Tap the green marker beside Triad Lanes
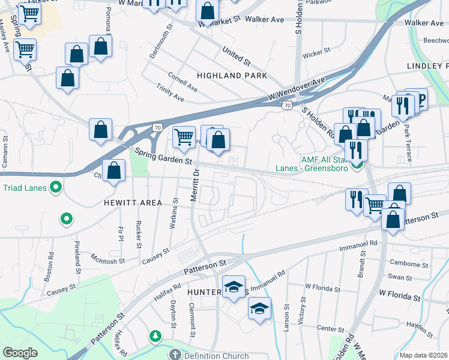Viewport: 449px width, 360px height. pos(56,187)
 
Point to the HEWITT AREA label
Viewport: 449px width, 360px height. pos(134,203)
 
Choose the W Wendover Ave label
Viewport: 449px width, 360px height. pos(297,88)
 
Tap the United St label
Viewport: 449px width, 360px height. pos(236,56)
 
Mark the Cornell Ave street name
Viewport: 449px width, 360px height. pos(183,82)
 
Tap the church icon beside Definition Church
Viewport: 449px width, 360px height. pos(175,355)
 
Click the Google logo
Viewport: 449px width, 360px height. pos(20,353)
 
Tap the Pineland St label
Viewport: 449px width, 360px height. pos(77,255)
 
